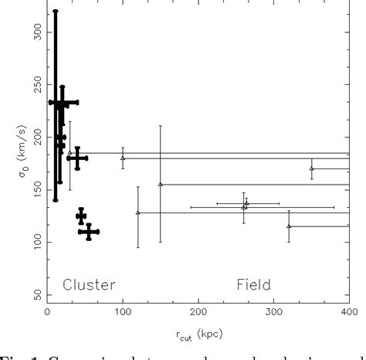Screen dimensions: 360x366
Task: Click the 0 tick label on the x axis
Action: point(47,312)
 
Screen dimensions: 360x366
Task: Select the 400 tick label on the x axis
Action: point(348,312)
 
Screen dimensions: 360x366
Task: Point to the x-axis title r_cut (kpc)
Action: point(198,334)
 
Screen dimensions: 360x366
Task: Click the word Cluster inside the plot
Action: point(89,284)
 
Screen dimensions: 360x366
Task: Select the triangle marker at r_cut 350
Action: point(312,168)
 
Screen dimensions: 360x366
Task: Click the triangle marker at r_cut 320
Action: point(289,226)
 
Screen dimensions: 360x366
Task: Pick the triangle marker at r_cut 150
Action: point(161,184)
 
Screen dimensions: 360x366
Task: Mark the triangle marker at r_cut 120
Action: point(138,212)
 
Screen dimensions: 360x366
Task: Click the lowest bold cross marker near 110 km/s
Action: point(89,231)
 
